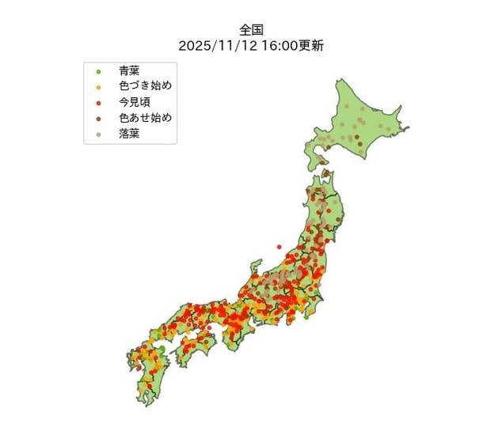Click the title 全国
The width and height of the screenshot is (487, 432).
coord(251,30)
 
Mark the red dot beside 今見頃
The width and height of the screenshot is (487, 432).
coord(98,104)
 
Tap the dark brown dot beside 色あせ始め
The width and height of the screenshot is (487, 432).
coord(98,119)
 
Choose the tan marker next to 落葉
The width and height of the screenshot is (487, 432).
coord(98,135)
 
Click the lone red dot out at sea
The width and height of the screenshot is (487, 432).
coord(279,248)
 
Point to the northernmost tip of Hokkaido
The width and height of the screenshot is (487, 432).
coord(341,82)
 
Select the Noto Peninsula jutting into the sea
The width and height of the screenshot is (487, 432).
coord(258,265)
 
